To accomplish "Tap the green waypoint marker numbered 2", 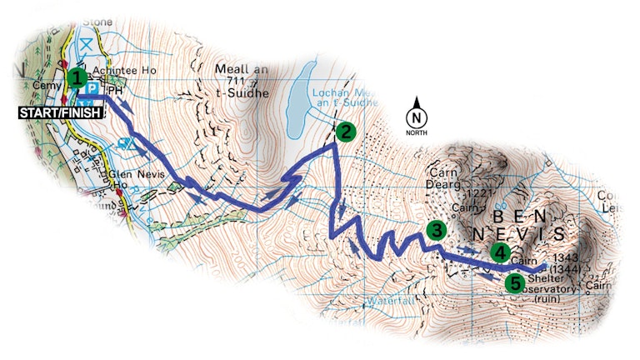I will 344,131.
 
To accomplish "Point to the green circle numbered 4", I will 499,251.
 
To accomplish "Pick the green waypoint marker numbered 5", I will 516,283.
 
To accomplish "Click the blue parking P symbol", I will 93,89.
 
